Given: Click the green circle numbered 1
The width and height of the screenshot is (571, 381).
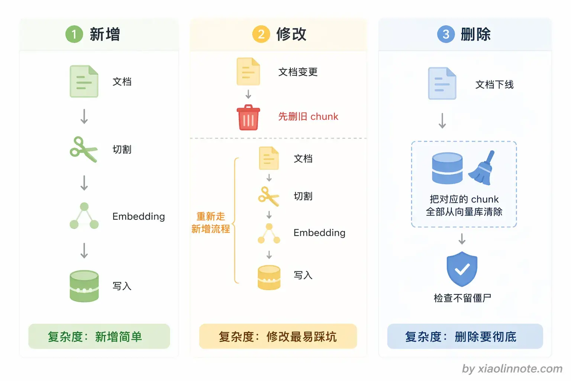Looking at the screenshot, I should click(74, 34).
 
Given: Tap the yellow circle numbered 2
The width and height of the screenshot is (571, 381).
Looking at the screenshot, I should click(261, 34).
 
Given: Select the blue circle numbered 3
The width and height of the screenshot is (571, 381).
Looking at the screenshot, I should click(446, 34).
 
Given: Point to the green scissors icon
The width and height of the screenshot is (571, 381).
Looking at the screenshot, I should click(84, 149).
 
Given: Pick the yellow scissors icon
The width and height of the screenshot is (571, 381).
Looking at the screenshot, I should click(269, 196).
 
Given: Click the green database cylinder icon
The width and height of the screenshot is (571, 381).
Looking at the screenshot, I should click(84, 286).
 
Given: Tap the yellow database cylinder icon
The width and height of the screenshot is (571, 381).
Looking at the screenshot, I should click(269, 277).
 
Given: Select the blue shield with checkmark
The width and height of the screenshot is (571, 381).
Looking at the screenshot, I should click(462, 269).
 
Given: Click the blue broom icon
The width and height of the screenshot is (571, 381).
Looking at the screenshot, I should click(482, 168).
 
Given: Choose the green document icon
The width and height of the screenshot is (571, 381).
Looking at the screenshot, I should click(84, 81).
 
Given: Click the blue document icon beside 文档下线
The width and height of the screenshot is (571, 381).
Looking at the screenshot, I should click(442, 83).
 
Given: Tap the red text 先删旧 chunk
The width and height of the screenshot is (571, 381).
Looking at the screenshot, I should click(308, 116).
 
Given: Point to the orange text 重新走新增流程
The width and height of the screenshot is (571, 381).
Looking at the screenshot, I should click(211, 222).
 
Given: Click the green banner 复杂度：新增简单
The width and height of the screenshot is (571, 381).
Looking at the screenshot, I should click(99, 336).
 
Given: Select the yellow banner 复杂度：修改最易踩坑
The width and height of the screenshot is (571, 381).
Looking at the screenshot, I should click(278, 336).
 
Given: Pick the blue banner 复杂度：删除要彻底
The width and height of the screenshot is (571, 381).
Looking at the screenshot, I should click(465, 336).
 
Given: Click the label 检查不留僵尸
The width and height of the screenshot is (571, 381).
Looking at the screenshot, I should click(462, 298).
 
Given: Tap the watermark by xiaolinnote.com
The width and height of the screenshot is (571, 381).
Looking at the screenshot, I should click(512, 369).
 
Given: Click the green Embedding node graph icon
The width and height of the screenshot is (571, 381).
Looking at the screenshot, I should click(84, 216).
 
